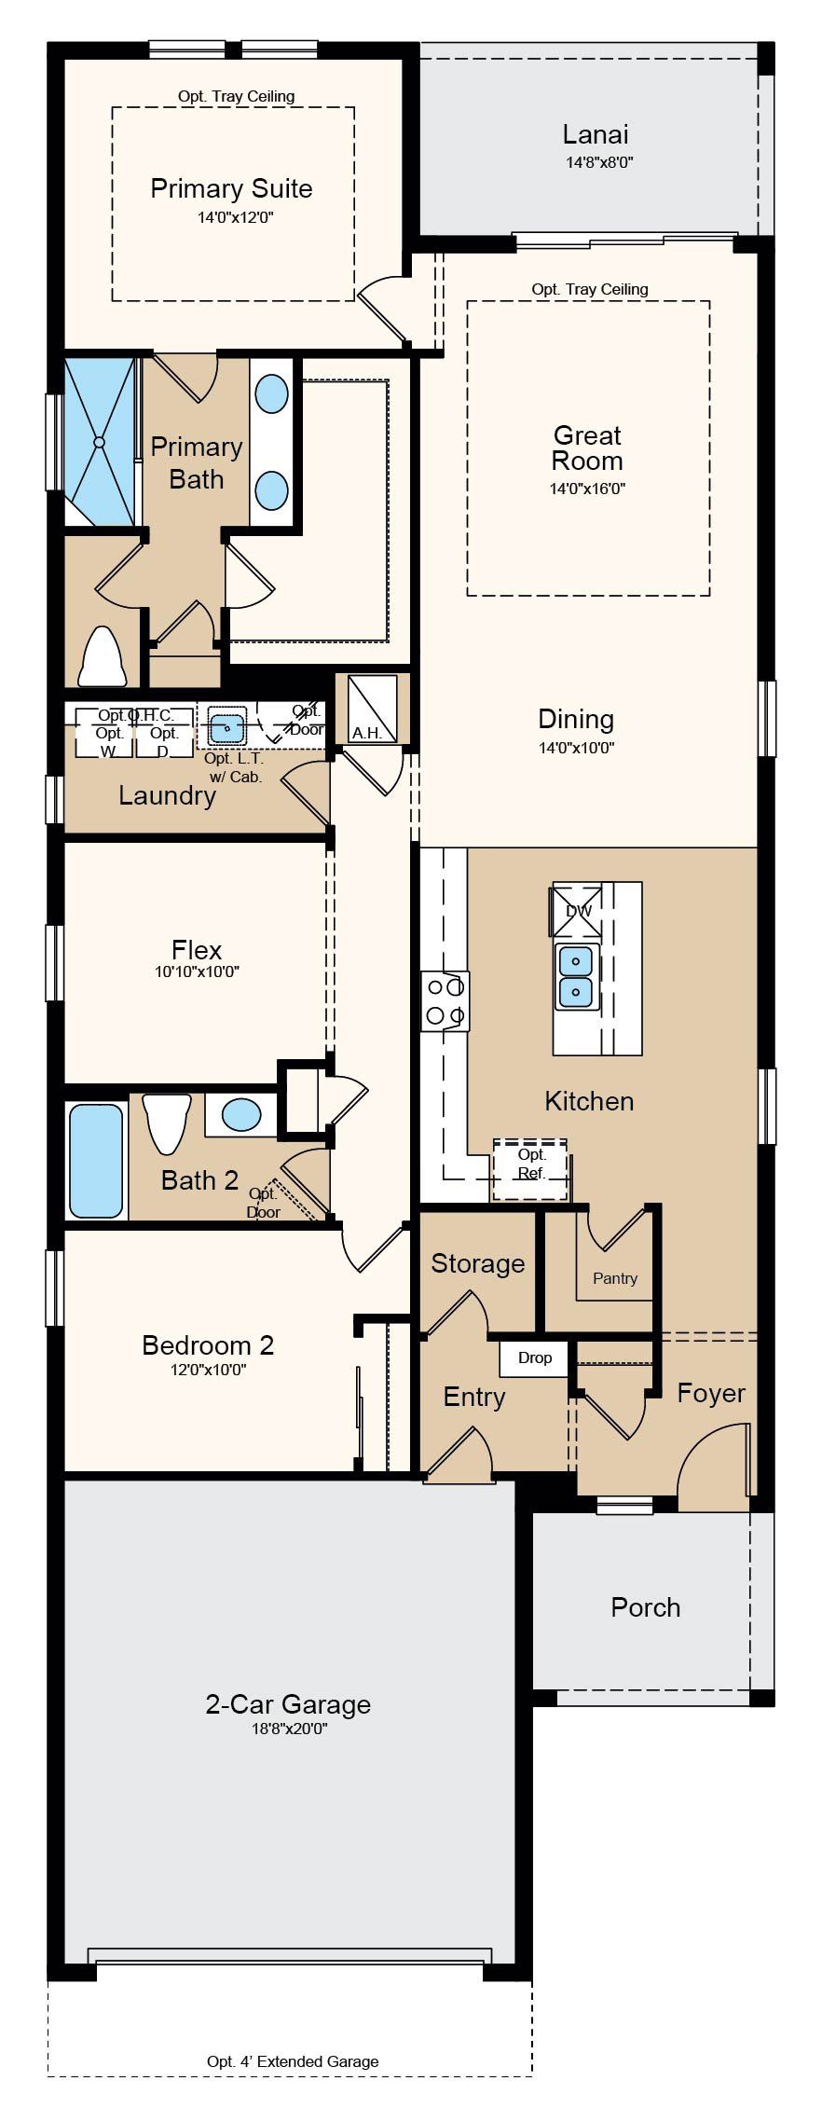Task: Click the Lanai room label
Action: (596, 134)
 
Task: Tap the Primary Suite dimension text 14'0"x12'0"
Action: (231, 217)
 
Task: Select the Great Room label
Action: (587, 448)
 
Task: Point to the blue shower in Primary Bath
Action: (100, 442)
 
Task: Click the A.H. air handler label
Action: (367, 733)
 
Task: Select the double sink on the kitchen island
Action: (576, 976)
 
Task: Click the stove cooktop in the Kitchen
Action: (445, 1001)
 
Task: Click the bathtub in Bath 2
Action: (96, 1161)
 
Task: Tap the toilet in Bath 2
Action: (167, 1123)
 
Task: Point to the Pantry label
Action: (615, 1278)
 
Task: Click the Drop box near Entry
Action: (535, 1358)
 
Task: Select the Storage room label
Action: (477, 1264)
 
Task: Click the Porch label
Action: (645, 1607)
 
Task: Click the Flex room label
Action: (197, 950)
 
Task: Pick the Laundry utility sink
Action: (226, 724)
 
